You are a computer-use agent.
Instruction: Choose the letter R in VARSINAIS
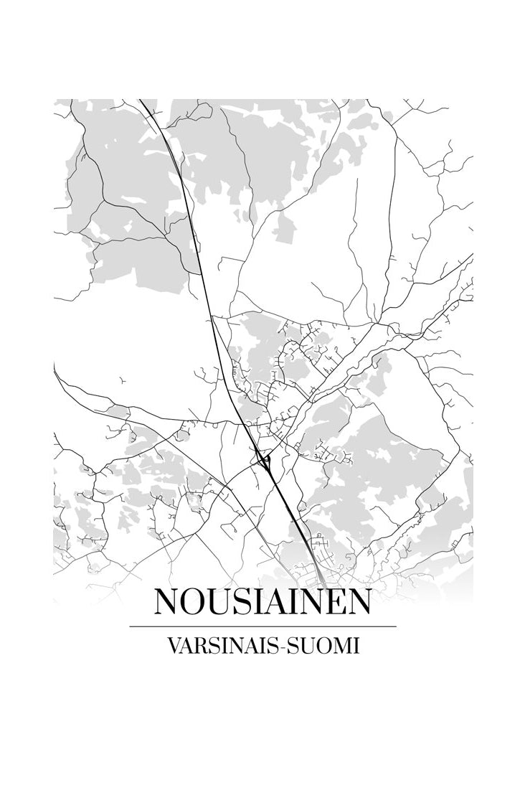(199, 645)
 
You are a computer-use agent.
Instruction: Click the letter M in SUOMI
(341, 645)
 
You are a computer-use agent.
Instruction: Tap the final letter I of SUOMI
(355, 645)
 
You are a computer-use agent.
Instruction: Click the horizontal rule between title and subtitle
(262, 626)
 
